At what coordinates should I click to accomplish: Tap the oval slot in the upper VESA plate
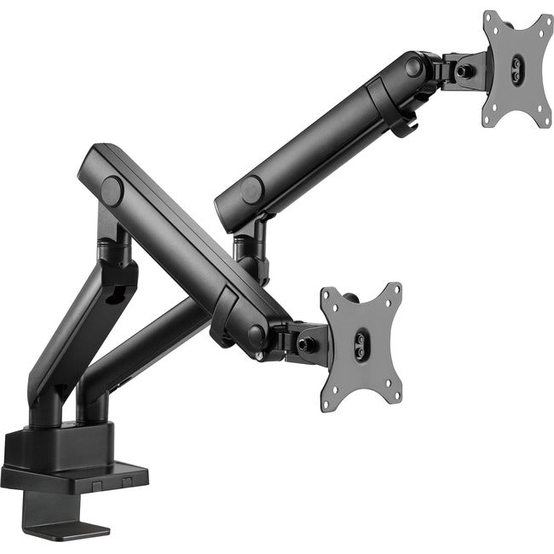click(516, 66)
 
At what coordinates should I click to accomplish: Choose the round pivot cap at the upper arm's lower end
click(252, 189)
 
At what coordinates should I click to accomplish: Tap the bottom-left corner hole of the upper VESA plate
click(488, 119)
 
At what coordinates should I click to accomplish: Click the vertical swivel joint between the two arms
click(252, 251)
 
